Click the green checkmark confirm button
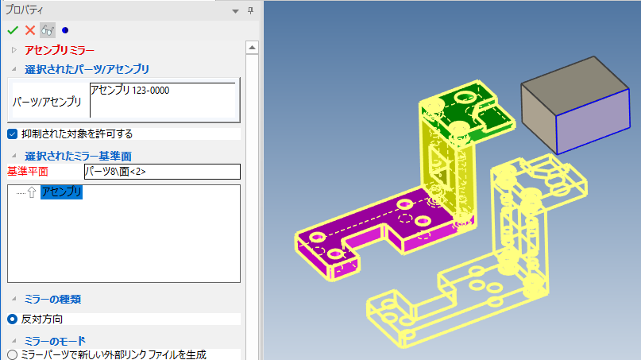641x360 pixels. (13, 30)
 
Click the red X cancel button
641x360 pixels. (30, 30)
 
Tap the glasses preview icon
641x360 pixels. (48, 30)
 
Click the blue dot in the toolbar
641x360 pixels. (65, 30)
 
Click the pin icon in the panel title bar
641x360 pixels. (250, 10)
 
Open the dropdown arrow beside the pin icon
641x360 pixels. (235, 11)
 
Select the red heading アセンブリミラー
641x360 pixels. (60, 50)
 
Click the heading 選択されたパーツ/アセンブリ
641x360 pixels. (87, 69)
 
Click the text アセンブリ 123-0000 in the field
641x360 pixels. (130, 90)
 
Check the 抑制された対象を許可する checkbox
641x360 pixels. (12, 134)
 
